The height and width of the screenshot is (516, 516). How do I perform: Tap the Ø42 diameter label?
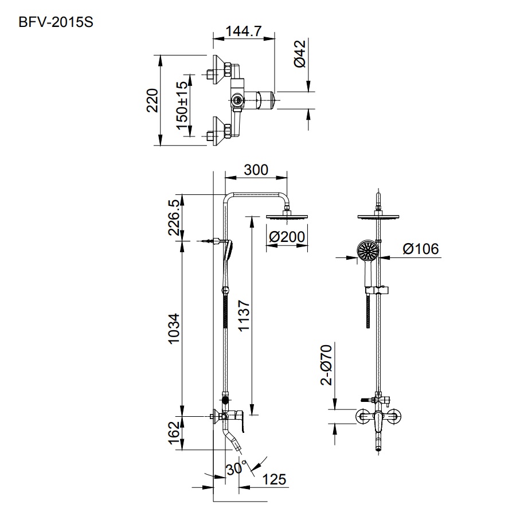(301, 54)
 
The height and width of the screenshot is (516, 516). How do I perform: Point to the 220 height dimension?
(151, 100)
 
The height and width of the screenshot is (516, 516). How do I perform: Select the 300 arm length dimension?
(256, 170)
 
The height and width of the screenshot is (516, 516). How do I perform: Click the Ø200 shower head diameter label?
(287, 236)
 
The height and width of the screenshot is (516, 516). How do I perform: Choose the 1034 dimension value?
(174, 329)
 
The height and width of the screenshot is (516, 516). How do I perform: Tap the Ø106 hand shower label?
(420, 248)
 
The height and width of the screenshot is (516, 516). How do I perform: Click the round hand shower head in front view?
(367, 251)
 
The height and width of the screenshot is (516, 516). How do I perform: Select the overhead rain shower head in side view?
(287, 216)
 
